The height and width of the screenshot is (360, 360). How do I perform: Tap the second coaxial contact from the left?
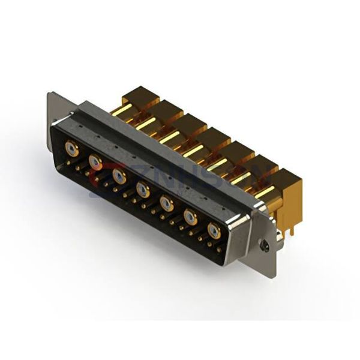point(95,161)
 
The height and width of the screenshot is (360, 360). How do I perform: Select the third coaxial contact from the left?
point(119,175)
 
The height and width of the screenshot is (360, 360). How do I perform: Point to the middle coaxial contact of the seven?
point(143,190)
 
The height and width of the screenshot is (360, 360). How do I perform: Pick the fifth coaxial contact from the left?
point(167,205)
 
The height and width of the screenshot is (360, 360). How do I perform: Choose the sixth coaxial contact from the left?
point(191,218)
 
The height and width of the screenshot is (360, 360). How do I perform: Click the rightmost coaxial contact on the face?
point(214,231)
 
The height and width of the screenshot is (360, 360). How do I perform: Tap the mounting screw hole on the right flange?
point(263,244)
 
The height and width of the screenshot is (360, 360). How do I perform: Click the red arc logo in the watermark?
point(99,174)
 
